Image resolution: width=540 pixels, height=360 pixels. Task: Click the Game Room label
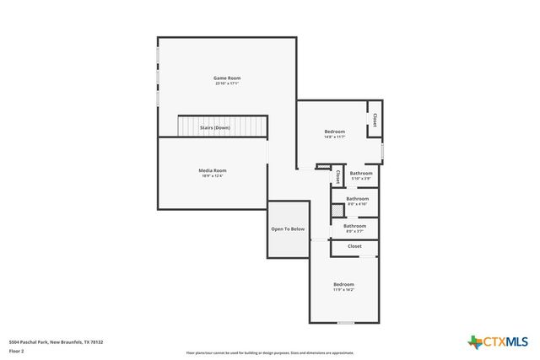227,78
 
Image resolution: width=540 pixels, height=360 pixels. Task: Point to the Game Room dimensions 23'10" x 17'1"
227,83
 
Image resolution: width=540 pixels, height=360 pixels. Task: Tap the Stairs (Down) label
214,127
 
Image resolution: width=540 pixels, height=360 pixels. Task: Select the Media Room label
213,170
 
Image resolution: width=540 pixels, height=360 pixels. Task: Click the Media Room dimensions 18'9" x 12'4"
213,176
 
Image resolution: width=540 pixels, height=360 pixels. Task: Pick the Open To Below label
288,228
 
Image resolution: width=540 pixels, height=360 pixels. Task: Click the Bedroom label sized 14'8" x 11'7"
335,131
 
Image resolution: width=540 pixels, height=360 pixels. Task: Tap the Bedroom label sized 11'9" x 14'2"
343,284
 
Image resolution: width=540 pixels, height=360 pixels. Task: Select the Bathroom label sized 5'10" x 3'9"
361,173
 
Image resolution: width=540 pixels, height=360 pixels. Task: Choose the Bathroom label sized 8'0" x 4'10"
357,198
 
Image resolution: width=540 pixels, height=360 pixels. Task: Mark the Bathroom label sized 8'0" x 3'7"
354,225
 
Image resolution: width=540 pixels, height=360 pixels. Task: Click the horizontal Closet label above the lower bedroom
354,246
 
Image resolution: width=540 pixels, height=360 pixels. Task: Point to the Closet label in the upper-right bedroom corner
375,120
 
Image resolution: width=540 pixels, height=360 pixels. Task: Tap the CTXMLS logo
498,341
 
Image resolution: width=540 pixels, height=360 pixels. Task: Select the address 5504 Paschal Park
56,341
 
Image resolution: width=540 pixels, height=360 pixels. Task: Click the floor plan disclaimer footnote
270,353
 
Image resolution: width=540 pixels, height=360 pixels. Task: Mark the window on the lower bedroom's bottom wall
345,323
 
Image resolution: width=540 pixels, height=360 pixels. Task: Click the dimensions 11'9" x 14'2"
343,290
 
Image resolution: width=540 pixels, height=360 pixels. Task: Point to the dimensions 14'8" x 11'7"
335,137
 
